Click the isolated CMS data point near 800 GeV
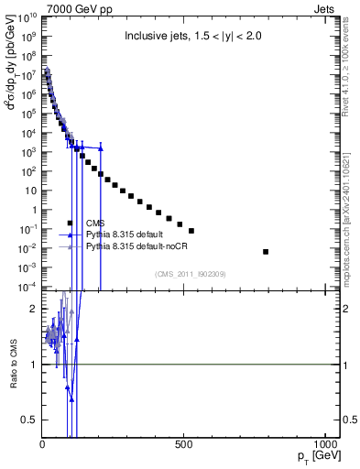click(267, 251)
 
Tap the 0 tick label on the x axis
click(43, 444)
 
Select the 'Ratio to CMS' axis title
click(12, 365)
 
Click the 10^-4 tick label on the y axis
click(27, 288)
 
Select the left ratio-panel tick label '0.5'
click(29, 420)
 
